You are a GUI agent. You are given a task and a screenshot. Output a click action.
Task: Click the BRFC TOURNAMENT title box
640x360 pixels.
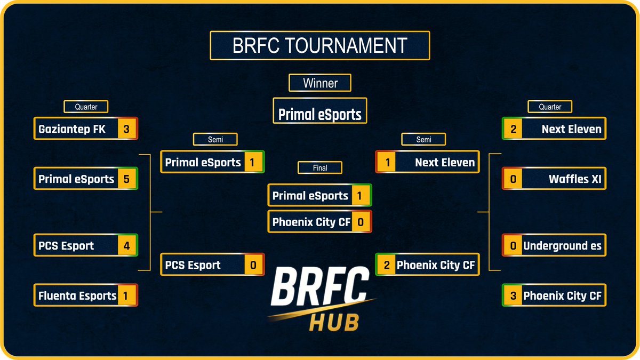[x=320, y=45]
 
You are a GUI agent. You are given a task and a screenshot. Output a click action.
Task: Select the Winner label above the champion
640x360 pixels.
[x=320, y=83]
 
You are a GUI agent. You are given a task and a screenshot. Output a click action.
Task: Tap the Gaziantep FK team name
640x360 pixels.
[x=72, y=129]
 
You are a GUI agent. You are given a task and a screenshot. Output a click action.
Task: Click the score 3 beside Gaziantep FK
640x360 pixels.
[x=126, y=129]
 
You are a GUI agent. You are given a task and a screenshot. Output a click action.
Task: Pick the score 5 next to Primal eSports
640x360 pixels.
[x=126, y=179]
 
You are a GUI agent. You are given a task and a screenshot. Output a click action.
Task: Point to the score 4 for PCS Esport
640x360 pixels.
[x=126, y=246]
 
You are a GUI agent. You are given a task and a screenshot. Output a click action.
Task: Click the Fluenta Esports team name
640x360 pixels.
[x=77, y=295]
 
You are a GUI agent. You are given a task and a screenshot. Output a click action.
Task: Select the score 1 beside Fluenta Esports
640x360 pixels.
[x=126, y=295]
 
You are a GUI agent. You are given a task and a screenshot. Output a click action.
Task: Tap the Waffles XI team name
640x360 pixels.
[x=575, y=179]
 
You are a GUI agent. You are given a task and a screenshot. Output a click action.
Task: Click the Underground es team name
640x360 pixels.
[x=562, y=246]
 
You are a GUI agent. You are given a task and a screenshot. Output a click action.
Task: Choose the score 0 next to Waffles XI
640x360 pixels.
[x=513, y=179]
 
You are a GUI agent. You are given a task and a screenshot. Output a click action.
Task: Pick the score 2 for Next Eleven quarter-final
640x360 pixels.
[x=513, y=129]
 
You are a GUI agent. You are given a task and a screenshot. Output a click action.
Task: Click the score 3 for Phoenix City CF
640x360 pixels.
[x=513, y=295]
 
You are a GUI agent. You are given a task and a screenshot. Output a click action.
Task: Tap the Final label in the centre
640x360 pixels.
[x=320, y=167]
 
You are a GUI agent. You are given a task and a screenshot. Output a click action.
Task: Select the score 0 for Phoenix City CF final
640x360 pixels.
[x=361, y=222]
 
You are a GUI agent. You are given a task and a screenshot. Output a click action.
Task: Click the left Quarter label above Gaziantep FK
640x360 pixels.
[x=86, y=107]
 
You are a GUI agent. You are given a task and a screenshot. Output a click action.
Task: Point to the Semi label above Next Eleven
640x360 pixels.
[x=423, y=140]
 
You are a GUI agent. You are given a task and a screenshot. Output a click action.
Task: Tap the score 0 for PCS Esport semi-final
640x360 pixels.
[x=253, y=265]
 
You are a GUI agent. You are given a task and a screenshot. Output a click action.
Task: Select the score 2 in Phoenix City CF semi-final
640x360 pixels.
[x=386, y=265]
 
